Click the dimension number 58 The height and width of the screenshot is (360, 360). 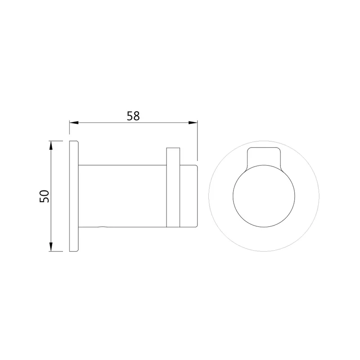133,116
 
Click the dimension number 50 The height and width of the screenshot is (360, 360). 44,196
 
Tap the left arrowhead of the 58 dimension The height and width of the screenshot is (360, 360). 74,123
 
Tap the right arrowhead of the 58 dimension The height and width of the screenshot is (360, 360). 193,123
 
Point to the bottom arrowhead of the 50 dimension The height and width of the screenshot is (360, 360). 51,247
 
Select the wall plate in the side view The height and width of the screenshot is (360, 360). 74,196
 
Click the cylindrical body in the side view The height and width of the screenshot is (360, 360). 122,196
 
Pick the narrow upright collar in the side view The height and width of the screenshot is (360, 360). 173,187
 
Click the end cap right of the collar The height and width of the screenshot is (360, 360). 189,196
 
